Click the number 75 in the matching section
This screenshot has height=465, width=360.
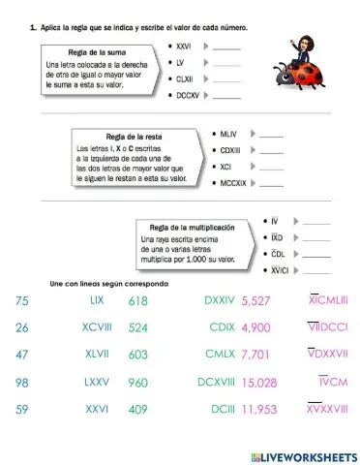pyautogui.click(x=24, y=302)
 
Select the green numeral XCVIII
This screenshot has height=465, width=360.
pyautogui.click(x=97, y=327)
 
